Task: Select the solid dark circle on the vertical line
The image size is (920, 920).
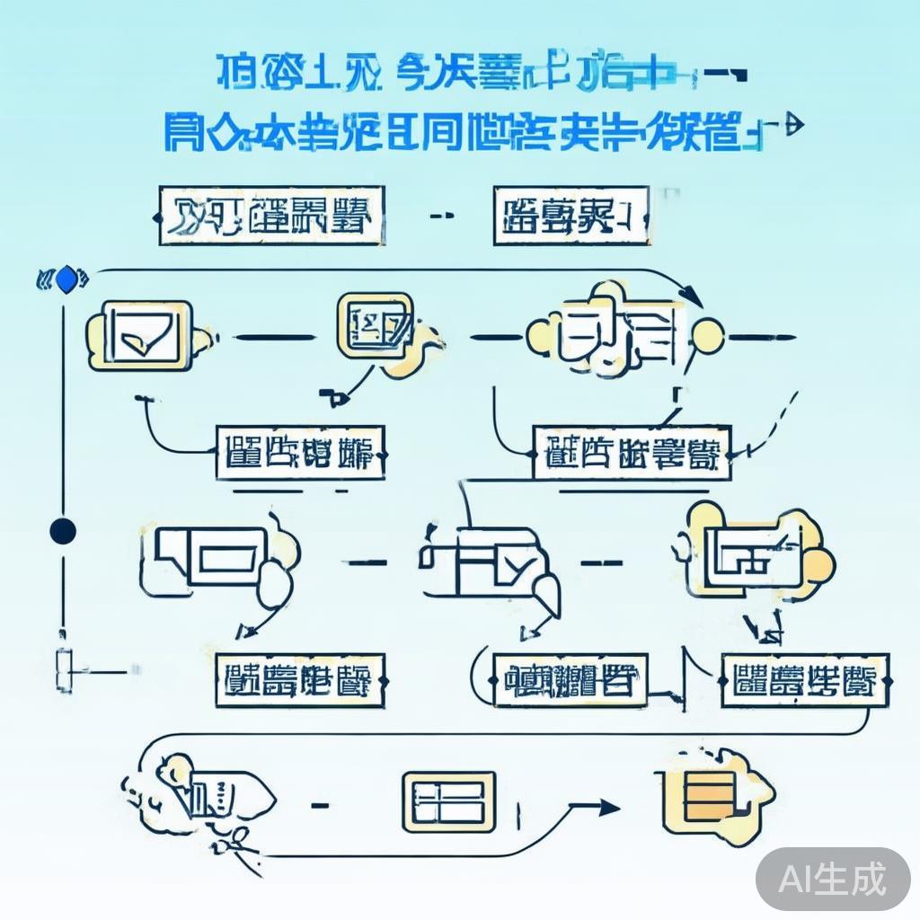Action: (x=63, y=530)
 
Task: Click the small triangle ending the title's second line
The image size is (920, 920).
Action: (x=792, y=126)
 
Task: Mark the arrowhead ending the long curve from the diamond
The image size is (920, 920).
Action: (x=692, y=296)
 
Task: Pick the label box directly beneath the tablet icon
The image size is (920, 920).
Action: (x=300, y=453)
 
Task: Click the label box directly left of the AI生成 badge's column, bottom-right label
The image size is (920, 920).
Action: (x=804, y=681)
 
